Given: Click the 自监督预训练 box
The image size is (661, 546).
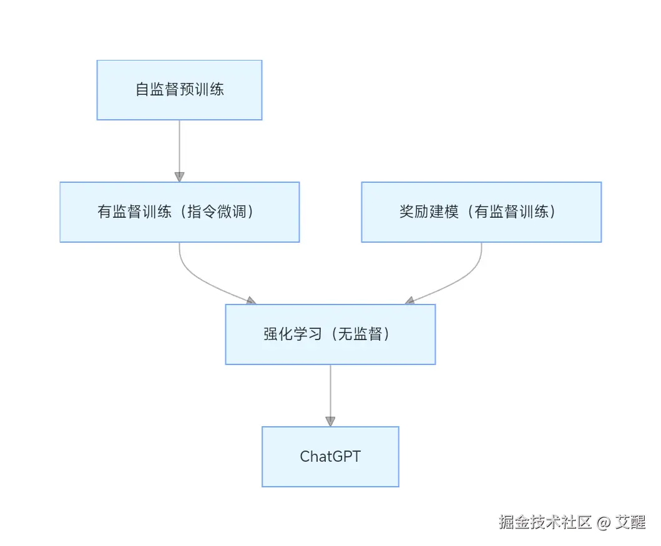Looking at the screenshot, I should coord(179,90).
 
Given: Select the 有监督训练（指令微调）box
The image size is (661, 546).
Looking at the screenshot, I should coord(179,212).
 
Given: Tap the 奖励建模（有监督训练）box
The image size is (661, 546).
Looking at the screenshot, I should coord(481,212).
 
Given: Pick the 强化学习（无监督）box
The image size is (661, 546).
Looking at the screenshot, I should coord(330,334).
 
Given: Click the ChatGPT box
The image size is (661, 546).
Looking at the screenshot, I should coord(330,457).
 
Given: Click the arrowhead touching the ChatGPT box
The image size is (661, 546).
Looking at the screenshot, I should coord(330,421).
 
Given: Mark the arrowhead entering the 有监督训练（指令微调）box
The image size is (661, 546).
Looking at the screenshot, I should coord(179,177).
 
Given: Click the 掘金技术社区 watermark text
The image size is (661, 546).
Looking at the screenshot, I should coord(545,522).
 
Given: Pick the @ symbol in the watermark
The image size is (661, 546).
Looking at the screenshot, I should coord(602,522).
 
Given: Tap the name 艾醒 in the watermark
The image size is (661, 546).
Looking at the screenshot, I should coord(630,522).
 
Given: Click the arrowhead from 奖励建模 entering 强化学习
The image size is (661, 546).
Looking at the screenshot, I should coord(410,301).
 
